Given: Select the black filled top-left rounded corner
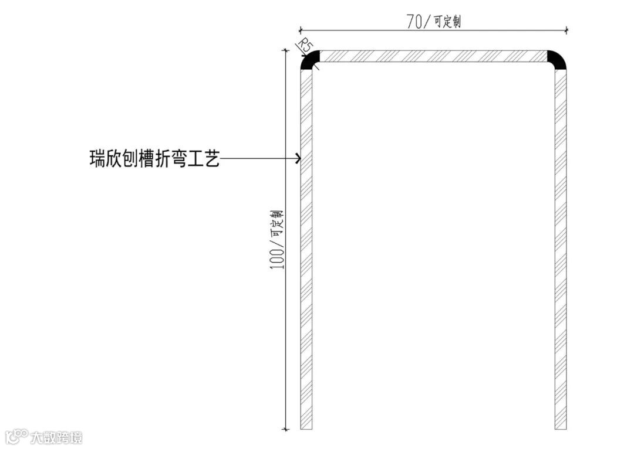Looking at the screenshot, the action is click(308, 59).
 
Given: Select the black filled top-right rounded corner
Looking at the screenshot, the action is click(558, 59).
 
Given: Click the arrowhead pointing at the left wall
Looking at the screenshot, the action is click(298, 158).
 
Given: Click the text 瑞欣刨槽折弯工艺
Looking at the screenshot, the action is click(154, 158).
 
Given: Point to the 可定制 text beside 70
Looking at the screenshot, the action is click(447, 22).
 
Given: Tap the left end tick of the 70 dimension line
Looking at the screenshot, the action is click(300, 29).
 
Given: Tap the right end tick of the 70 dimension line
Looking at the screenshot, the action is click(566, 29).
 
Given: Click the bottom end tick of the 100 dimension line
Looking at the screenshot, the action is click(285, 429).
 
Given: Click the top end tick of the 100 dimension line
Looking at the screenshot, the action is click(285, 51).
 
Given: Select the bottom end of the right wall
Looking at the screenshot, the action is click(561, 427).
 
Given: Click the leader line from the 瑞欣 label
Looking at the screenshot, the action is click(258, 158).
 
